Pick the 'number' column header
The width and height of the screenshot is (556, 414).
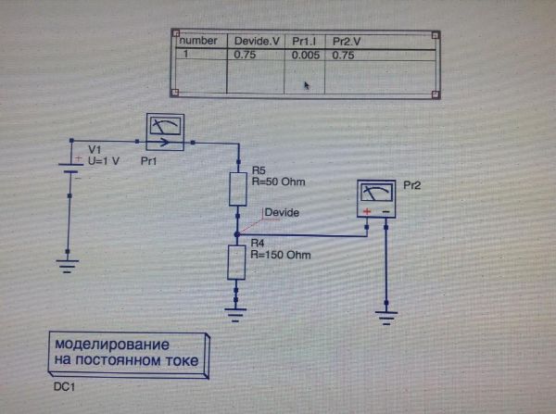(x=198, y=41)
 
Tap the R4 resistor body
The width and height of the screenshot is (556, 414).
(x=237, y=261)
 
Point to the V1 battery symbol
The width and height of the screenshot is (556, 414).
(x=68, y=167)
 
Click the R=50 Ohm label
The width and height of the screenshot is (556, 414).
(x=278, y=182)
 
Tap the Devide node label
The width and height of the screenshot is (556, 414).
(x=282, y=213)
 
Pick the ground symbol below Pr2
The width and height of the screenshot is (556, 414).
(x=387, y=316)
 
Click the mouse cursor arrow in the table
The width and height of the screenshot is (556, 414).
(x=307, y=85)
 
